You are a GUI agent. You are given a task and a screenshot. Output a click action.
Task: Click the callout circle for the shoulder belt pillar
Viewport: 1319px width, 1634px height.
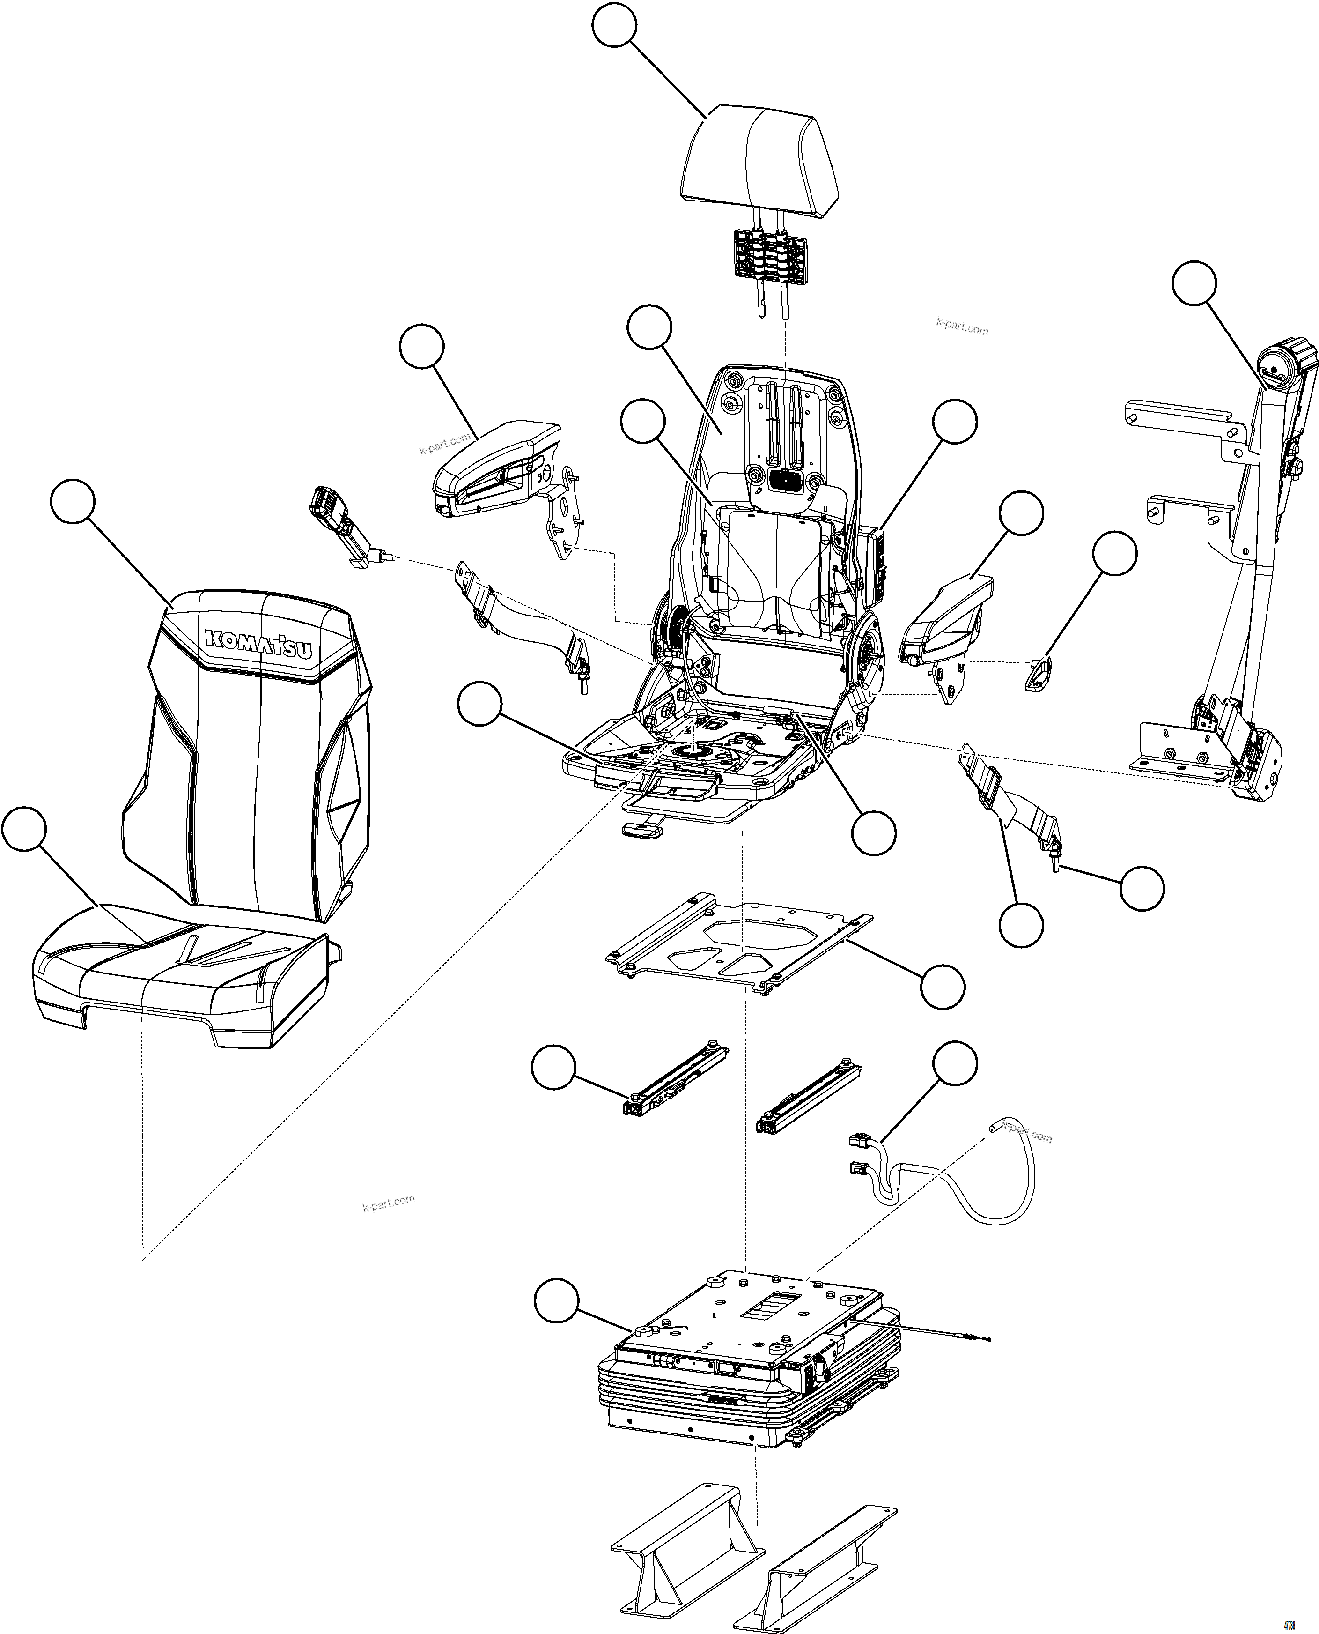(1194, 283)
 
